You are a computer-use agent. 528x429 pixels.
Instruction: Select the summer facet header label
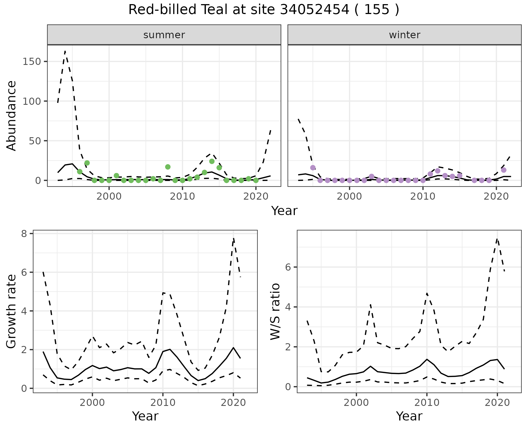tap(164, 35)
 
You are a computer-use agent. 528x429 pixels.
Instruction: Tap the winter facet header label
tap(404, 35)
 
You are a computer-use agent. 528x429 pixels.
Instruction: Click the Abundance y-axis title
tap(12, 116)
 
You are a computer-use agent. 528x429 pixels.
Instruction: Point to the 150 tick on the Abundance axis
tap(31, 61)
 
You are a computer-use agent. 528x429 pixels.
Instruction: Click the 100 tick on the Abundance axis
tap(31, 101)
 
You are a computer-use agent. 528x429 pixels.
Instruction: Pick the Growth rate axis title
tap(12, 311)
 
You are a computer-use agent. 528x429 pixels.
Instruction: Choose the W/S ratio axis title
tap(275, 311)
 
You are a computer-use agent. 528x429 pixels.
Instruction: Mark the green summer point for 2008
tap(168, 167)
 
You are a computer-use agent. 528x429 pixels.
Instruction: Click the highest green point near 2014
tap(212, 161)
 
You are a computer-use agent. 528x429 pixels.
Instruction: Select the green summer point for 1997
tap(87, 163)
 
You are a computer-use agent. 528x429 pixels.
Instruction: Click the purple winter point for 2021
tap(504, 170)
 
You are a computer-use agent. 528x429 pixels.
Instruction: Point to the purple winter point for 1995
tap(313, 168)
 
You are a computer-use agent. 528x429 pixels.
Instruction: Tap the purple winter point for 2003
tap(372, 176)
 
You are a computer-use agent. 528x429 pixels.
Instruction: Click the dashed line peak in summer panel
tap(65, 51)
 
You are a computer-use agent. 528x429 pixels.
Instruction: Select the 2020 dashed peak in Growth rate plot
tap(233, 238)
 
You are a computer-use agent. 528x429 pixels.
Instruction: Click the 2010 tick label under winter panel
tap(423, 197)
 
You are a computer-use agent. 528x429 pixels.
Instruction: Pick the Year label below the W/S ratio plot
tap(409, 416)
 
